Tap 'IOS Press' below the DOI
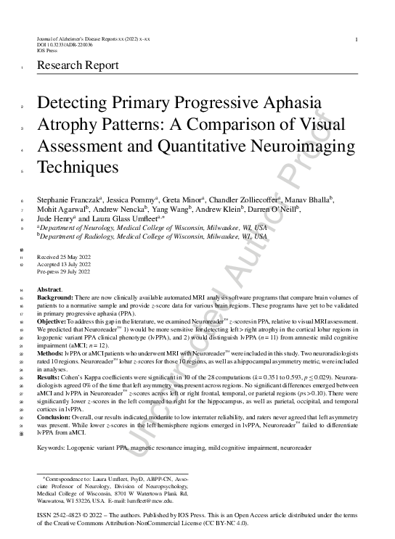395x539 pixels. click(46, 50)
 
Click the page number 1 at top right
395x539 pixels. click(354, 39)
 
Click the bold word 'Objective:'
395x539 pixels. click(52, 340)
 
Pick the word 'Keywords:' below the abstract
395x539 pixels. click(52, 448)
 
